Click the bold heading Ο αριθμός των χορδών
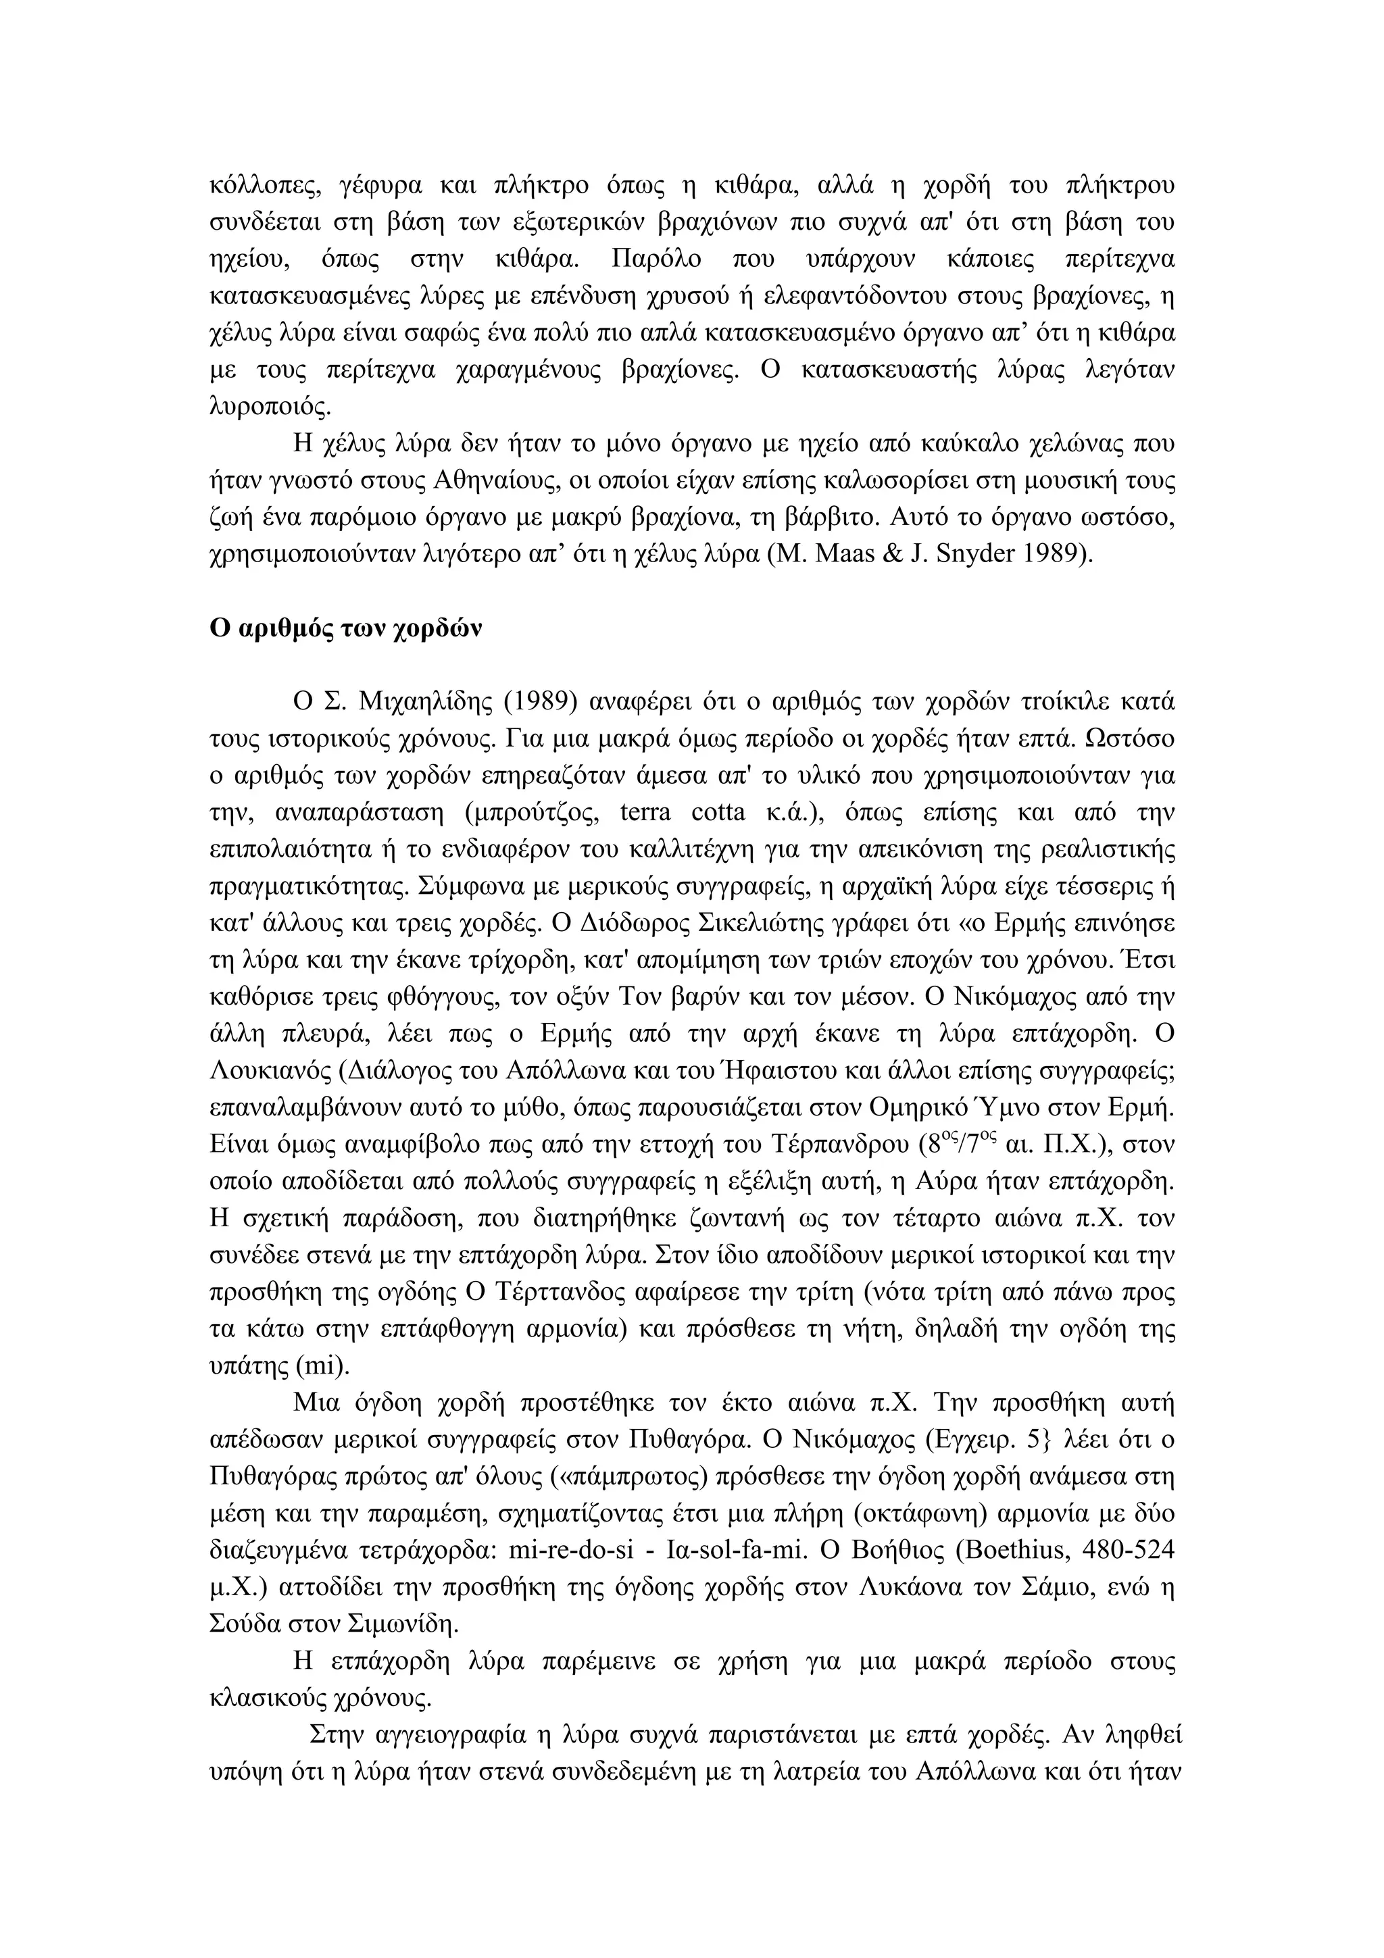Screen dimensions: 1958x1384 [x=345, y=630]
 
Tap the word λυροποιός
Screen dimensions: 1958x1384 [x=270, y=407]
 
